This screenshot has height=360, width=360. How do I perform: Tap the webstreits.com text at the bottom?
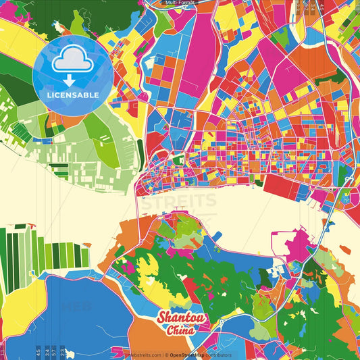pyautogui.click(x=143, y=355)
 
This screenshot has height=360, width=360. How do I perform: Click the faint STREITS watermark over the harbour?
pyautogui.click(x=180, y=201)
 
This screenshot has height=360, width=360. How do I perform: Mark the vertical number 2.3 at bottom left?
pyautogui.click(x=63, y=351)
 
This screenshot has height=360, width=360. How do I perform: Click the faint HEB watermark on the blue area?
pyautogui.click(x=76, y=306)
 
